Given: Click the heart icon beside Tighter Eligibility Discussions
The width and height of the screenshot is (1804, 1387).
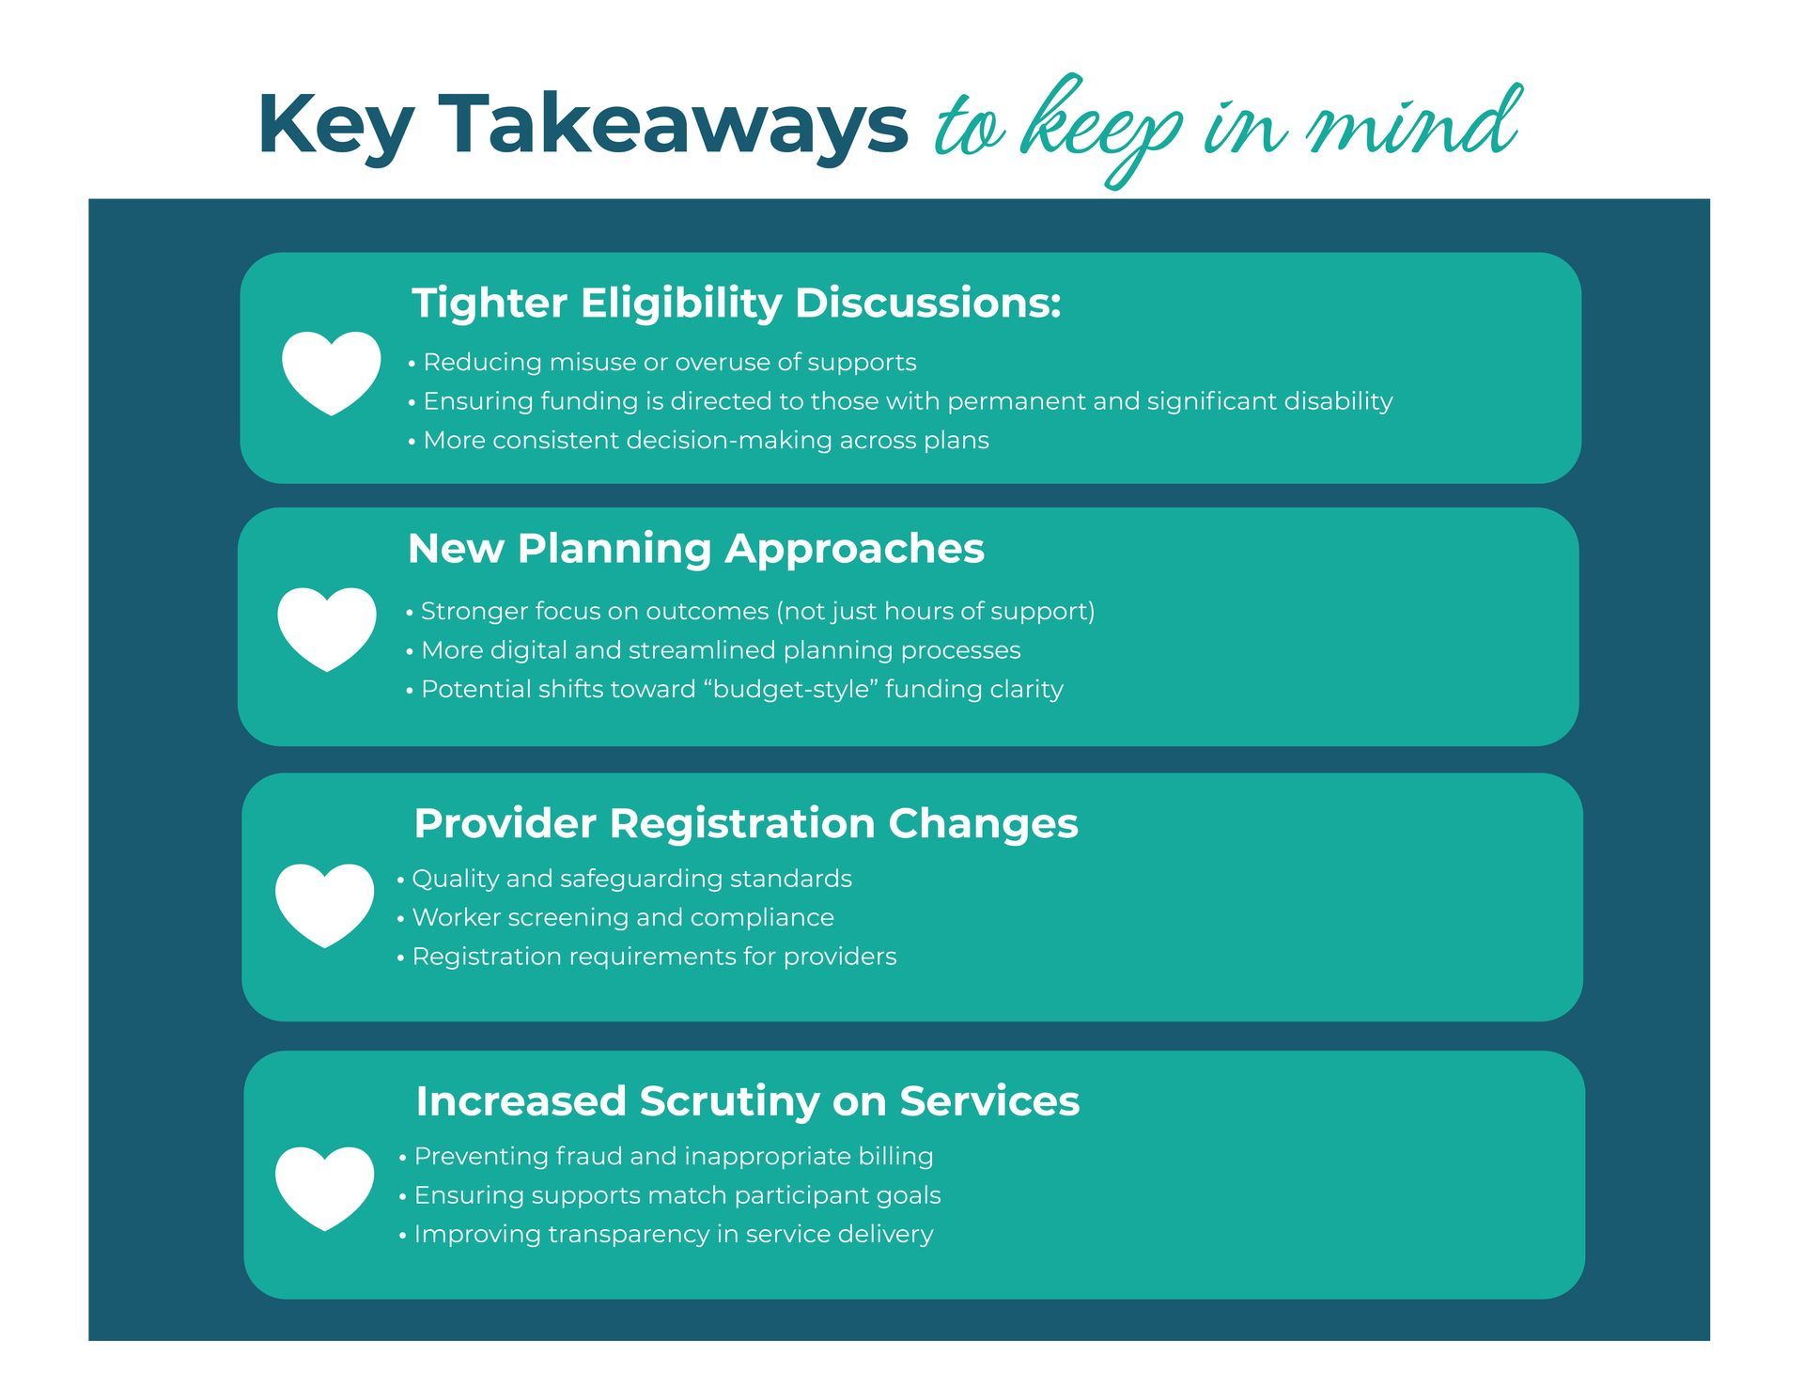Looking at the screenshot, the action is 331,372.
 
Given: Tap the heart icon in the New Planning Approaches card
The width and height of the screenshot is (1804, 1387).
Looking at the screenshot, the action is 327,629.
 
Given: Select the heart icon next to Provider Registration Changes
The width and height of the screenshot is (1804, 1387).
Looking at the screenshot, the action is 324,905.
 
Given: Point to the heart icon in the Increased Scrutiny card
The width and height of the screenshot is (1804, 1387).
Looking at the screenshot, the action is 324,1188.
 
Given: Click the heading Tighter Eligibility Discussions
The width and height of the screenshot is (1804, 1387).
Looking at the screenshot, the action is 737,304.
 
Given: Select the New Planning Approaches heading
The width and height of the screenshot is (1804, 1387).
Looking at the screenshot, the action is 696,549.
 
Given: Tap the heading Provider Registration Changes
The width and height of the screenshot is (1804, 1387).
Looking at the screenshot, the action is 746,823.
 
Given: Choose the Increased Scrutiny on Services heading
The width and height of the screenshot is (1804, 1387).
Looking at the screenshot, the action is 748,1101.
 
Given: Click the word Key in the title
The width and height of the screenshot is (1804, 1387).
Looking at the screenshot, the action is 335,127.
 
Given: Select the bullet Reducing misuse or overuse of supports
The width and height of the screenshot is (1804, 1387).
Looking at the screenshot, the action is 662,362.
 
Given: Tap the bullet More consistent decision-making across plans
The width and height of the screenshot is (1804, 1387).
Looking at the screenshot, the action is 698,440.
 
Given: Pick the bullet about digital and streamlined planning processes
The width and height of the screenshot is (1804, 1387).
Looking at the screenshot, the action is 713,650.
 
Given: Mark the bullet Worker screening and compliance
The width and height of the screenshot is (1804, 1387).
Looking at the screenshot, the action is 615,917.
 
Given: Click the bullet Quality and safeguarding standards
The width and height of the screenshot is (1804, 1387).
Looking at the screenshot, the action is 624,879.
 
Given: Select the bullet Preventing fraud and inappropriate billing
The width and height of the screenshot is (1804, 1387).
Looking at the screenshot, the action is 666,1156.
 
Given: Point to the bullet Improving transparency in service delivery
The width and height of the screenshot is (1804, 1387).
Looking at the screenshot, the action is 666,1234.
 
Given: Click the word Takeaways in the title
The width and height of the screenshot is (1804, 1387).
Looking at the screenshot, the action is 674,125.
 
